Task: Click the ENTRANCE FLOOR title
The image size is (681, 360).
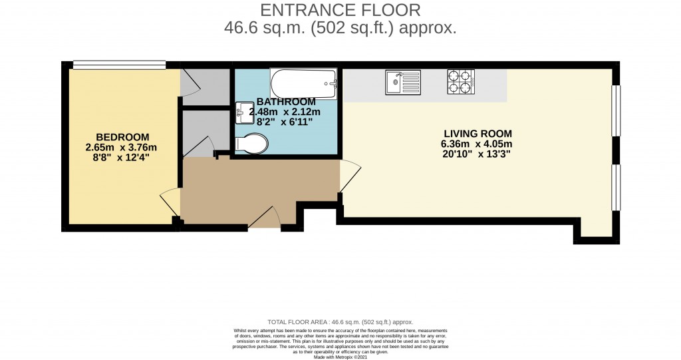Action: pyautogui.click(x=340, y=9)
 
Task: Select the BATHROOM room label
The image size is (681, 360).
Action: pyautogui.click(x=286, y=102)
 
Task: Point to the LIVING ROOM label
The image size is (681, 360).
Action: pyautogui.click(x=477, y=134)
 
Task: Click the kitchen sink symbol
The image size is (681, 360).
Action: pyautogui.click(x=403, y=82)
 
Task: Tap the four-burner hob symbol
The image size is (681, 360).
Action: pyautogui.click(x=461, y=82)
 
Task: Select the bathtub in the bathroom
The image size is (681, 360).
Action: pyautogui.click(x=303, y=83)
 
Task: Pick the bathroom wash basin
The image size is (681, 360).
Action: pyautogui.click(x=243, y=112)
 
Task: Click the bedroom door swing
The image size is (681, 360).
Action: pyautogui.click(x=170, y=202)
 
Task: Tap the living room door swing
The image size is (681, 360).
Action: pyautogui.click(x=350, y=176)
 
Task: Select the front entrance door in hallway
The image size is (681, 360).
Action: pyautogui.click(x=265, y=218)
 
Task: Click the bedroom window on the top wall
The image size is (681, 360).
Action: pyautogui.click(x=119, y=65)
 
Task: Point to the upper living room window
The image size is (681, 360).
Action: pyautogui.click(x=616, y=110)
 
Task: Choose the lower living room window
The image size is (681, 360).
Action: pyautogui.click(x=616, y=187)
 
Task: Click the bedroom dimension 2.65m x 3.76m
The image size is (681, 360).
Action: pyautogui.click(x=121, y=147)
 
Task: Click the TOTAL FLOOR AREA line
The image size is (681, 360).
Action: pyautogui.click(x=340, y=322)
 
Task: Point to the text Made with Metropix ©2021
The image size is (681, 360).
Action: pyautogui.click(x=340, y=357)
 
